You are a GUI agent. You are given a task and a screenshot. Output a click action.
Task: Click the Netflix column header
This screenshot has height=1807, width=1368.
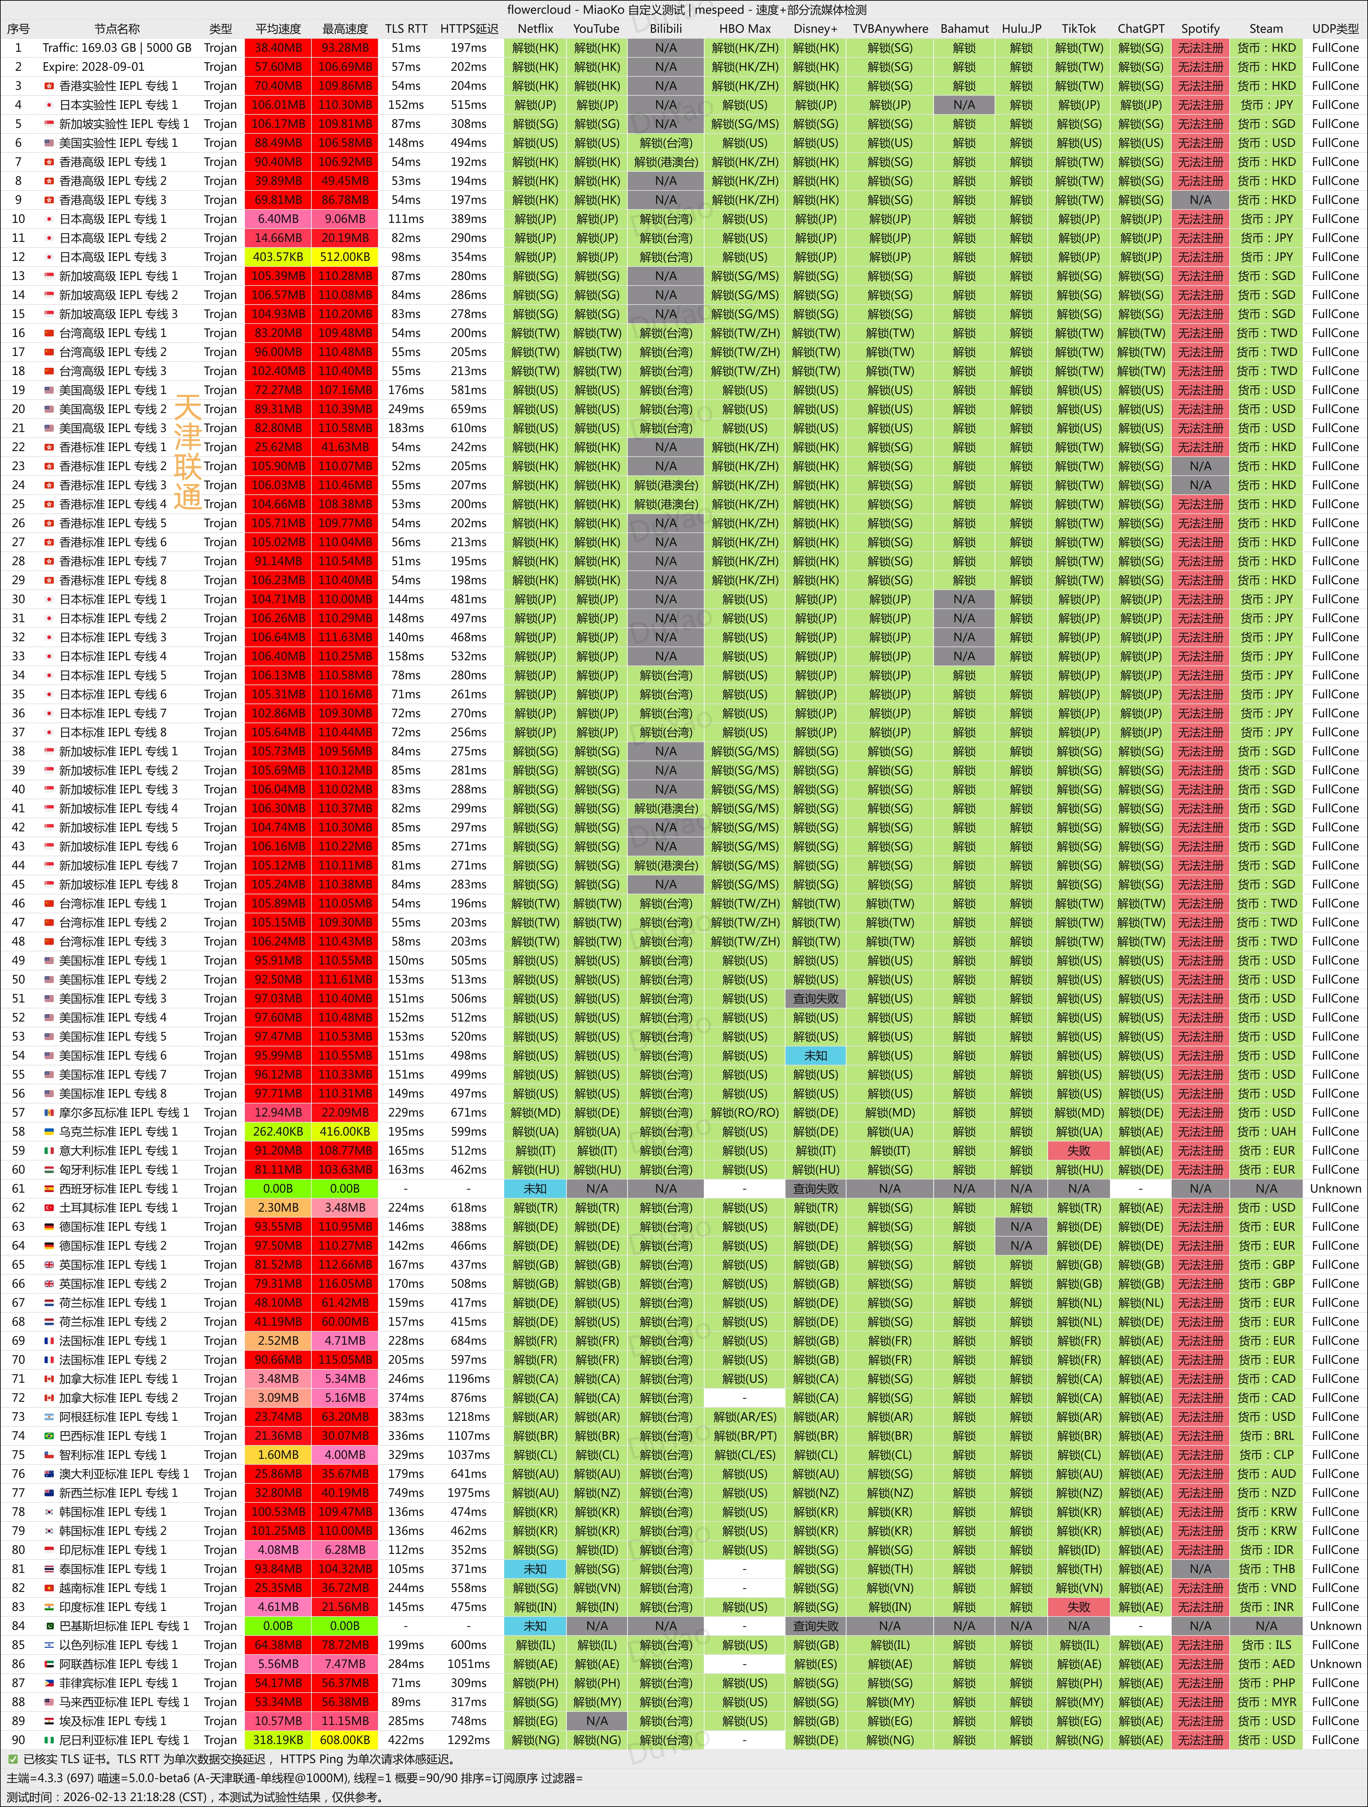(535, 29)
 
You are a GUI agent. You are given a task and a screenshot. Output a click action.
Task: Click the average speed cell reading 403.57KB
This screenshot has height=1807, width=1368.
(278, 256)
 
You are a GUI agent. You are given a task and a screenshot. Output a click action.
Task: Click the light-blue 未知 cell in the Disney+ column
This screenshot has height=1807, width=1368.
(815, 1055)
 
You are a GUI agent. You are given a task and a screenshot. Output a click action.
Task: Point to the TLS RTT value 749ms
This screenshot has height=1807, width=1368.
(406, 1493)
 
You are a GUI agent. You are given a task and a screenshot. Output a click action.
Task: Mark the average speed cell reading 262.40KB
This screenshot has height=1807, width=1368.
(278, 1131)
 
